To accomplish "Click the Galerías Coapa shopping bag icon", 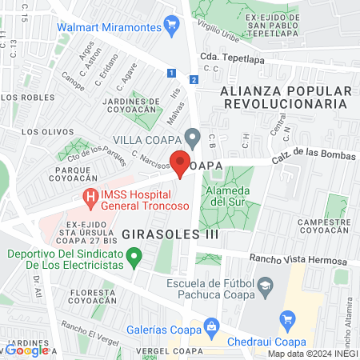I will [211, 326].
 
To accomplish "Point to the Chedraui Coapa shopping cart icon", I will [289, 320].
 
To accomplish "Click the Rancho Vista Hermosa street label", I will [298, 261].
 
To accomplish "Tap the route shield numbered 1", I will [171, 73].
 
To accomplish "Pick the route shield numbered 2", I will [194, 78].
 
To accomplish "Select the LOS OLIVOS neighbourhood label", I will [42, 131].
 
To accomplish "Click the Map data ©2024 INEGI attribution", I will [311, 354].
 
